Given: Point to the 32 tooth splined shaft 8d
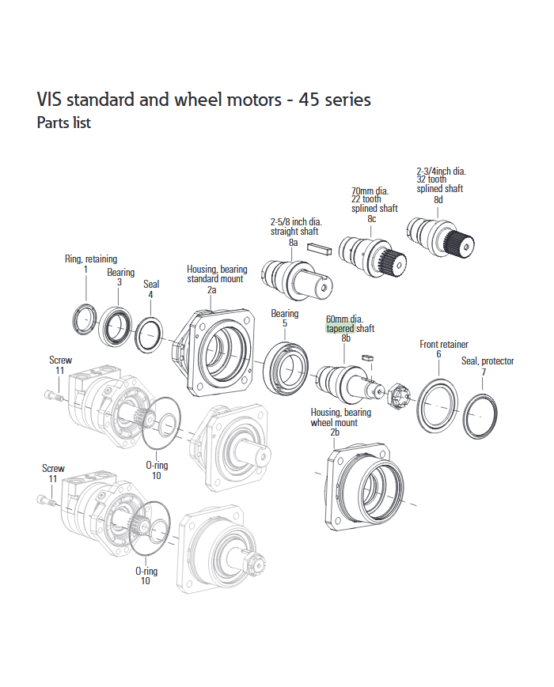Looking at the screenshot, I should pyautogui.click(x=437, y=236).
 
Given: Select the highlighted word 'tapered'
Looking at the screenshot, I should pyautogui.click(x=340, y=328).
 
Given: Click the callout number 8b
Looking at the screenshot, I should pyautogui.click(x=346, y=338).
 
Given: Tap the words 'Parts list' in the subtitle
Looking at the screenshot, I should pyautogui.click(x=64, y=123).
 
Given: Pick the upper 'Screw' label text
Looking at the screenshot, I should pyautogui.click(x=60, y=360).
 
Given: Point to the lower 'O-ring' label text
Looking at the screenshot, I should pyautogui.click(x=146, y=571).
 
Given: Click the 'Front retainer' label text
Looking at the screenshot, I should pyautogui.click(x=443, y=345).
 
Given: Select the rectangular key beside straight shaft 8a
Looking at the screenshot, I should pyautogui.click(x=321, y=249).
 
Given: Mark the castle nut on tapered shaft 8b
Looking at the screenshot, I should pyautogui.click(x=400, y=393).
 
